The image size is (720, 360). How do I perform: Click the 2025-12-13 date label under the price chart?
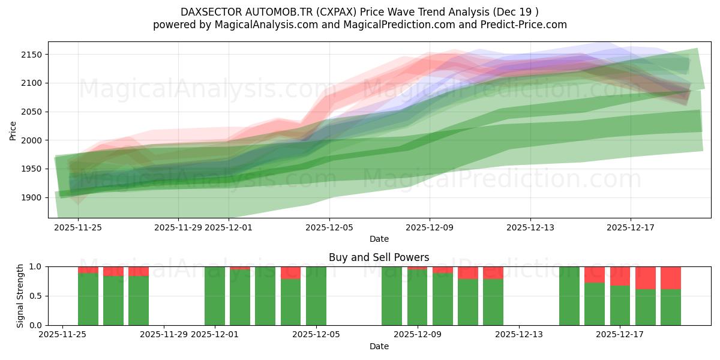tap(530, 227)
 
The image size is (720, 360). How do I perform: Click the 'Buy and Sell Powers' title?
tap(379, 257)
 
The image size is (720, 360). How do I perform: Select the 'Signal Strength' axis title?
tap(20, 295)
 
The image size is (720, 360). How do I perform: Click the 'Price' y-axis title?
tap(13, 130)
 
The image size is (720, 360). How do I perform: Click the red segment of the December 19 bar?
tap(670, 278)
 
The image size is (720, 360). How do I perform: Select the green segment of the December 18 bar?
tap(645, 307)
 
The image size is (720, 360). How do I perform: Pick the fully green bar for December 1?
tap(214, 296)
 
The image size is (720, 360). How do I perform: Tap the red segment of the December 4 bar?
tap(290, 273)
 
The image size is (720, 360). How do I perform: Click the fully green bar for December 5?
tap(316, 296)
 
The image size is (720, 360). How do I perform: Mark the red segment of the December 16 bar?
tap(594, 275)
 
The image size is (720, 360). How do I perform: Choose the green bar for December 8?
tap(392, 296)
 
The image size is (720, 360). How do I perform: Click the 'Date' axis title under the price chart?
tap(379, 239)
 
